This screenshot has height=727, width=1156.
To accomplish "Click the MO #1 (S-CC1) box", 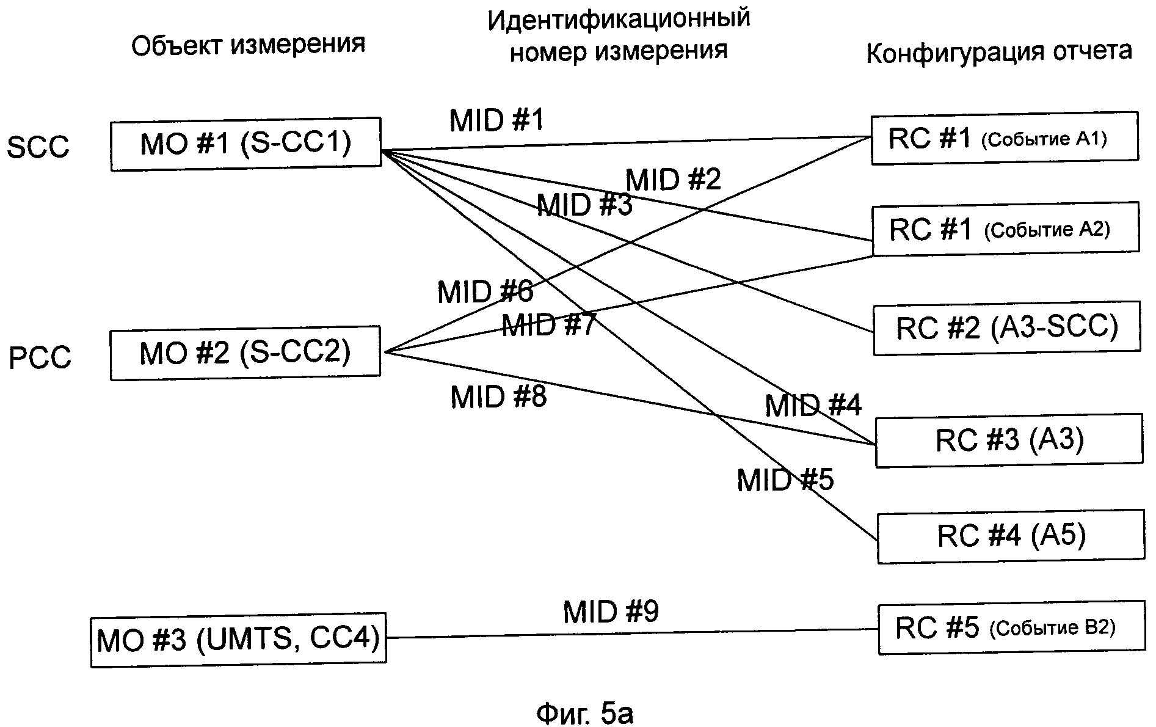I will (x=245, y=144).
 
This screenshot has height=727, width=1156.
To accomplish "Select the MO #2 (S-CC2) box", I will (x=245, y=353).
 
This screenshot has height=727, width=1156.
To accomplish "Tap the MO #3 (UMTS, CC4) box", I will (x=238, y=639).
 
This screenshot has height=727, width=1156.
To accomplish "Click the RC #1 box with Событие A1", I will (x=1005, y=139).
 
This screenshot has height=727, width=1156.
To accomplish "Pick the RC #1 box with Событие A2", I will (x=1006, y=229).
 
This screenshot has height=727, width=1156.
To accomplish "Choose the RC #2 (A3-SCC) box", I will (x=1007, y=327).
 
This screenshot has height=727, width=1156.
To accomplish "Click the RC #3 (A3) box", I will (x=1009, y=440).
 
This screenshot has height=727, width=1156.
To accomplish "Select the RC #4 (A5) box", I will (x=1011, y=536).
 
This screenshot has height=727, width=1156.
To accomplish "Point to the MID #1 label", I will (x=496, y=120).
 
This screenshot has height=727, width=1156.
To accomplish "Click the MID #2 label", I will (x=673, y=180).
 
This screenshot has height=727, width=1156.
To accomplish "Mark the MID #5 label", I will (x=785, y=480).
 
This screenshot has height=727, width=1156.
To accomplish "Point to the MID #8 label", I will (x=498, y=397).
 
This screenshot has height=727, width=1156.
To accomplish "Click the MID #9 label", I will (x=611, y=612).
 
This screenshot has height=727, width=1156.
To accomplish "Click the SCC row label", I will (x=38, y=147).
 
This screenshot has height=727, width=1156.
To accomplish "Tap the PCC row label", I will (x=40, y=357).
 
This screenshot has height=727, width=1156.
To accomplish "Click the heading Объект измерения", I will (x=248, y=45).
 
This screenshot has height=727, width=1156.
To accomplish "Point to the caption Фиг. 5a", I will (x=584, y=713).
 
